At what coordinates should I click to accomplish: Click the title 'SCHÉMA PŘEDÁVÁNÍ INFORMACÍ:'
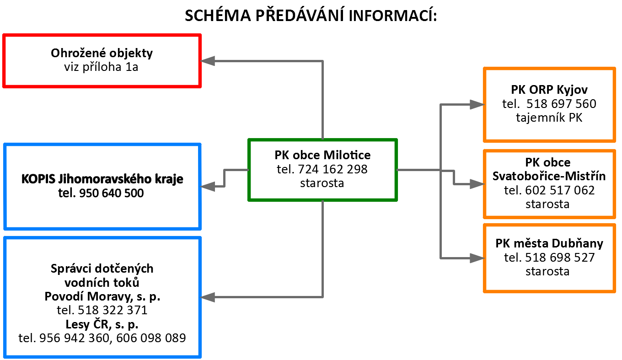(311, 15)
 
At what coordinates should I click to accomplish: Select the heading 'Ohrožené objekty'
(102, 53)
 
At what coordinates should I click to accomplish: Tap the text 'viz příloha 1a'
(101, 67)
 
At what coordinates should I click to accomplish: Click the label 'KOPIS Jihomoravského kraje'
(102, 179)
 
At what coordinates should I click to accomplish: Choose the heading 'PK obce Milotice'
(322, 155)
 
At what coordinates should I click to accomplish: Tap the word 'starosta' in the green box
(322, 183)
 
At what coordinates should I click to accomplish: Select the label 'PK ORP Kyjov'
(549, 90)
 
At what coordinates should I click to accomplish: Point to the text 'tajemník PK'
(549, 118)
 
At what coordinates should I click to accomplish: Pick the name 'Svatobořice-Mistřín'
(549, 176)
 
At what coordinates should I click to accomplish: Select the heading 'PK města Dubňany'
(549, 243)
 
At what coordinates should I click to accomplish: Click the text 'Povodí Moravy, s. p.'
(102, 297)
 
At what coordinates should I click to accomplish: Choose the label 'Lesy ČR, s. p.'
(102, 324)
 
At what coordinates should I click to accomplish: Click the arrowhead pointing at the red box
(208, 61)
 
